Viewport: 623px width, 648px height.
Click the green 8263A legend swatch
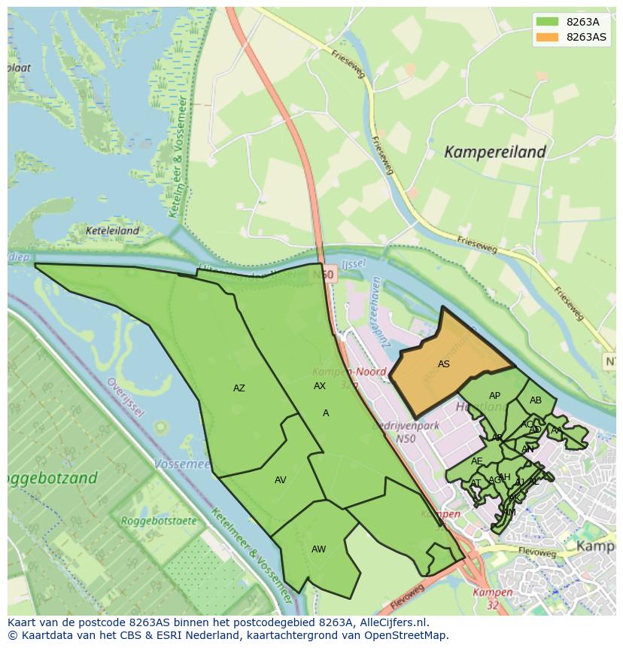[547, 22]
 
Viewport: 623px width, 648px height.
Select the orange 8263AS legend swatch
[547, 37]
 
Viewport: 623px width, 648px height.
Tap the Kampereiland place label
[494, 152]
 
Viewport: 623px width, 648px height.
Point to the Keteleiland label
[112, 231]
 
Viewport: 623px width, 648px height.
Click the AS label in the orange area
[444, 364]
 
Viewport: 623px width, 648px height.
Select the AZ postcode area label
[239, 388]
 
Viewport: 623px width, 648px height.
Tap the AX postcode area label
[320, 386]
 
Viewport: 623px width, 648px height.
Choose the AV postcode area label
[280, 480]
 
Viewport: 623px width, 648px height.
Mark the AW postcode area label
[318, 549]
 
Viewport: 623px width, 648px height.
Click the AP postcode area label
[494, 396]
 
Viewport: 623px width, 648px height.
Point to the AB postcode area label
[535, 400]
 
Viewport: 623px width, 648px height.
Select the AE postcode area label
[477, 461]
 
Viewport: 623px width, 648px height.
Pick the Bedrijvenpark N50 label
[405, 432]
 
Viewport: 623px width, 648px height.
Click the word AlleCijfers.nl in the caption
[391, 622]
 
